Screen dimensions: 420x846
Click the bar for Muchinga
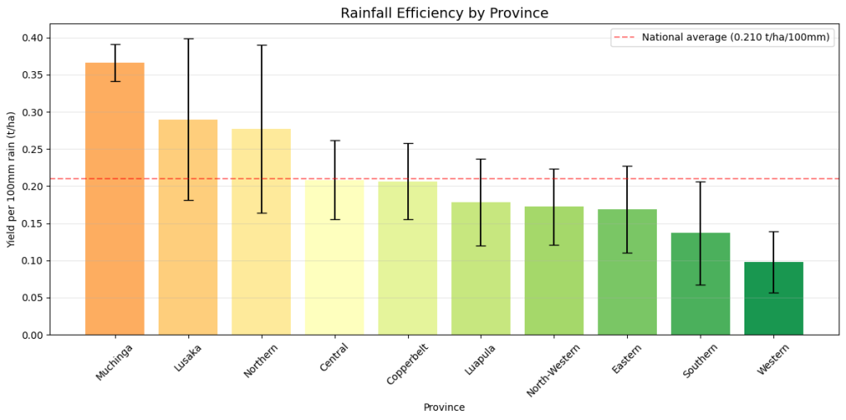(x=115, y=198)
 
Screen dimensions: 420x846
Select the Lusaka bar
(x=188, y=227)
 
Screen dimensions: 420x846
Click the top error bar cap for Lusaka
(x=188, y=39)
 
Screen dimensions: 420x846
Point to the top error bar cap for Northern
(x=261, y=45)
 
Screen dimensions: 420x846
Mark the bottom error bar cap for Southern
(x=701, y=284)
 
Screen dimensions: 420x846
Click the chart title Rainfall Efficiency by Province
(x=444, y=13)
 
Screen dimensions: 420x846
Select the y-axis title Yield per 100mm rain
(x=12, y=179)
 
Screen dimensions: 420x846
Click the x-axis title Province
(x=444, y=408)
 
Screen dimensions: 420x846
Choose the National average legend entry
(x=735, y=37)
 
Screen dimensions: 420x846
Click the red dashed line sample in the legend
(x=625, y=37)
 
